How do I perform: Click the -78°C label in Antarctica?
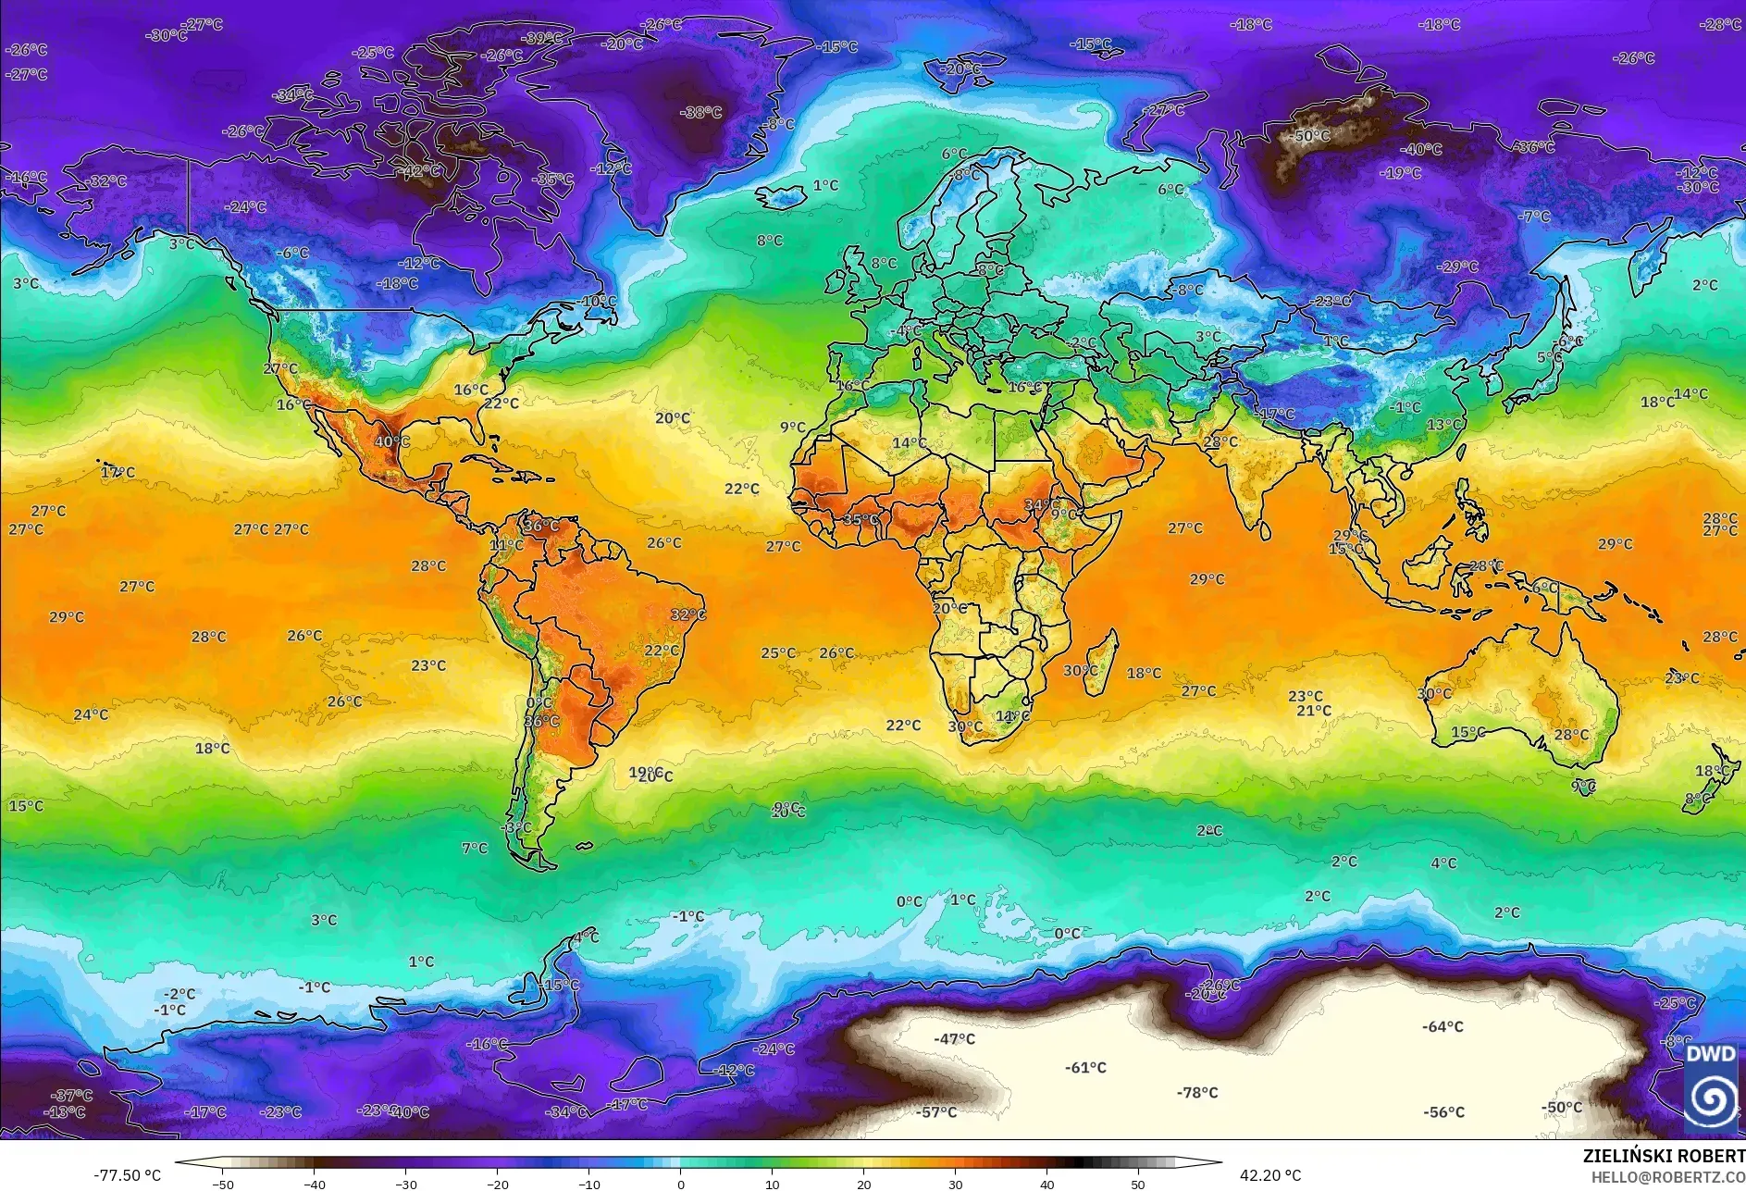(1197, 1093)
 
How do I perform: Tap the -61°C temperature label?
(1085, 1068)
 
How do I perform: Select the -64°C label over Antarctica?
(1443, 1027)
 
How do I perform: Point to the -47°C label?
(954, 1039)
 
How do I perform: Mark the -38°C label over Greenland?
(700, 113)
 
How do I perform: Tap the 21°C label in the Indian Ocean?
(1313, 711)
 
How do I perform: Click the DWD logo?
(1711, 1086)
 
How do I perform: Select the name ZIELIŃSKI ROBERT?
(1663, 1156)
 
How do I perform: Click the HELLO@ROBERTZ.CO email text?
(1667, 1177)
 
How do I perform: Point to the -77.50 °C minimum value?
(127, 1175)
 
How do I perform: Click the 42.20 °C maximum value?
(1269, 1175)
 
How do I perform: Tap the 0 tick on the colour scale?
(681, 1184)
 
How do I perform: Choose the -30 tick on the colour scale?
(406, 1184)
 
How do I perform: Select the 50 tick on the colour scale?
(1137, 1184)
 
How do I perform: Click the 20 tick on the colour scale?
(863, 1184)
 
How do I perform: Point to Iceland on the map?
(782, 197)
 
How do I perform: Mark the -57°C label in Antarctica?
(936, 1112)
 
